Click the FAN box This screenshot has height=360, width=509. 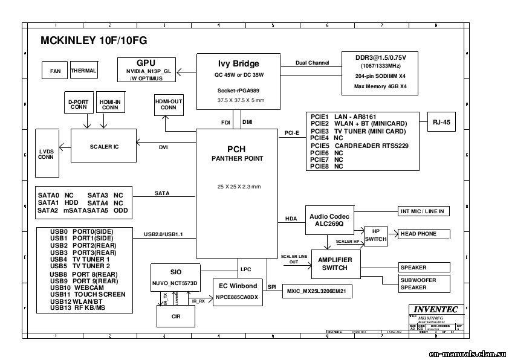(x=55, y=71)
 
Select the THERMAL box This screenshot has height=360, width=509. (x=83, y=70)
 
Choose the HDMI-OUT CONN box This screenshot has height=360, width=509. (x=169, y=105)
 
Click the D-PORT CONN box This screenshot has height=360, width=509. (x=79, y=104)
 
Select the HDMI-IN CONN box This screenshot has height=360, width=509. (x=110, y=104)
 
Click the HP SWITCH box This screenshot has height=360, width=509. (x=375, y=236)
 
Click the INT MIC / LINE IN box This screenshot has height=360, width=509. (x=423, y=211)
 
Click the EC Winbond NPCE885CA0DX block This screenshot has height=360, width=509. (x=236, y=291)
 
